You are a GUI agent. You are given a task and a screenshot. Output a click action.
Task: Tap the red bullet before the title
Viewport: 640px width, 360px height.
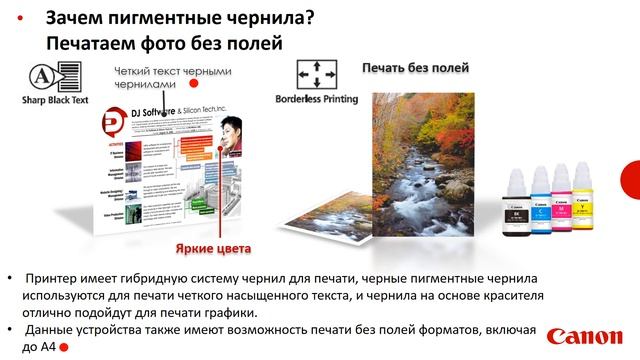point(22,20)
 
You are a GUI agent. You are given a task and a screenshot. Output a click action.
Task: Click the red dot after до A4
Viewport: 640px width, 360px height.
point(63,347)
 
